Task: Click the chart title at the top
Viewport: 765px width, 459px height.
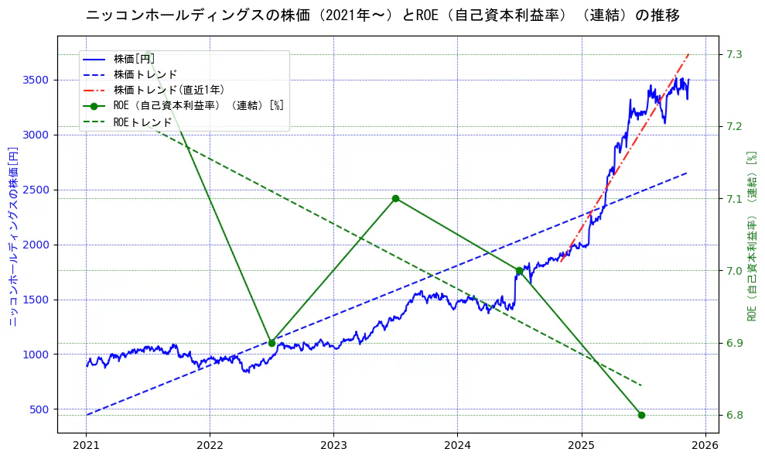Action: click(x=382, y=15)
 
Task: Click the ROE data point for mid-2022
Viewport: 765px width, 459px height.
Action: click(x=272, y=343)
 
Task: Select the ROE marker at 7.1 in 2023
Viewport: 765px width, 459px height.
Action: click(x=395, y=198)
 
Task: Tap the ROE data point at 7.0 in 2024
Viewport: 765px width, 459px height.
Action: click(x=519, y=271)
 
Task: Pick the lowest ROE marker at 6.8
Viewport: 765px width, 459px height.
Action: click(x=641, y=415)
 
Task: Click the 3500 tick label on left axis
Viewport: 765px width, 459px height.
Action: click(x=36, y=80)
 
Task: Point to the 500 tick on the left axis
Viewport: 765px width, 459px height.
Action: click(x=39, y=409)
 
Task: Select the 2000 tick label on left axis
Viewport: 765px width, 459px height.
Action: click(x=36, y=245)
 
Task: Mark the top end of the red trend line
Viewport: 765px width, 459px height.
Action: click(x=688, y=54)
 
